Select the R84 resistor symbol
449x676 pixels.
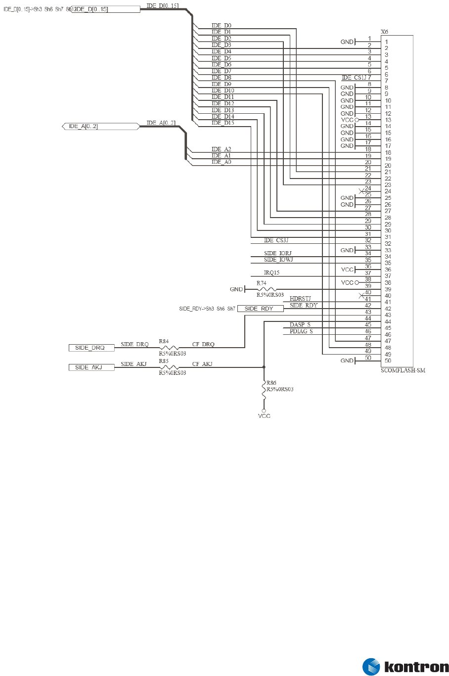click(169, 348)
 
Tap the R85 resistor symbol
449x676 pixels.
click(169, 367)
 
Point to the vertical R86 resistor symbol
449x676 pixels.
click(264, 389)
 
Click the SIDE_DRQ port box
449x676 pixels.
click(91, 348)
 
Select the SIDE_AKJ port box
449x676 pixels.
click(91, 367)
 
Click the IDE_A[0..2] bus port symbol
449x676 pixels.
click(101, 127)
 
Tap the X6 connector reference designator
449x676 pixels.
click(385, 32)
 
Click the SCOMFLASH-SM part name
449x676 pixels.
click(403, 370)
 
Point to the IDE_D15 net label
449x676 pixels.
click(223, 123)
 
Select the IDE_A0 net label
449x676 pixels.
click(221, 162)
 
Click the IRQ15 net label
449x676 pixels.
click(272, 273)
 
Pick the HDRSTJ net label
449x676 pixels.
click(300, 299)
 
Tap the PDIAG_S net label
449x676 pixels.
click(301, 331)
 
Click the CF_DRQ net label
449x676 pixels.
click(203, 344)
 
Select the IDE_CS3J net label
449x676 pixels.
click(276, 240)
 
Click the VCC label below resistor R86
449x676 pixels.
click(264, 416)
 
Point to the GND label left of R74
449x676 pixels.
click(236, 289)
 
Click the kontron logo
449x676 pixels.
click(405, 666)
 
